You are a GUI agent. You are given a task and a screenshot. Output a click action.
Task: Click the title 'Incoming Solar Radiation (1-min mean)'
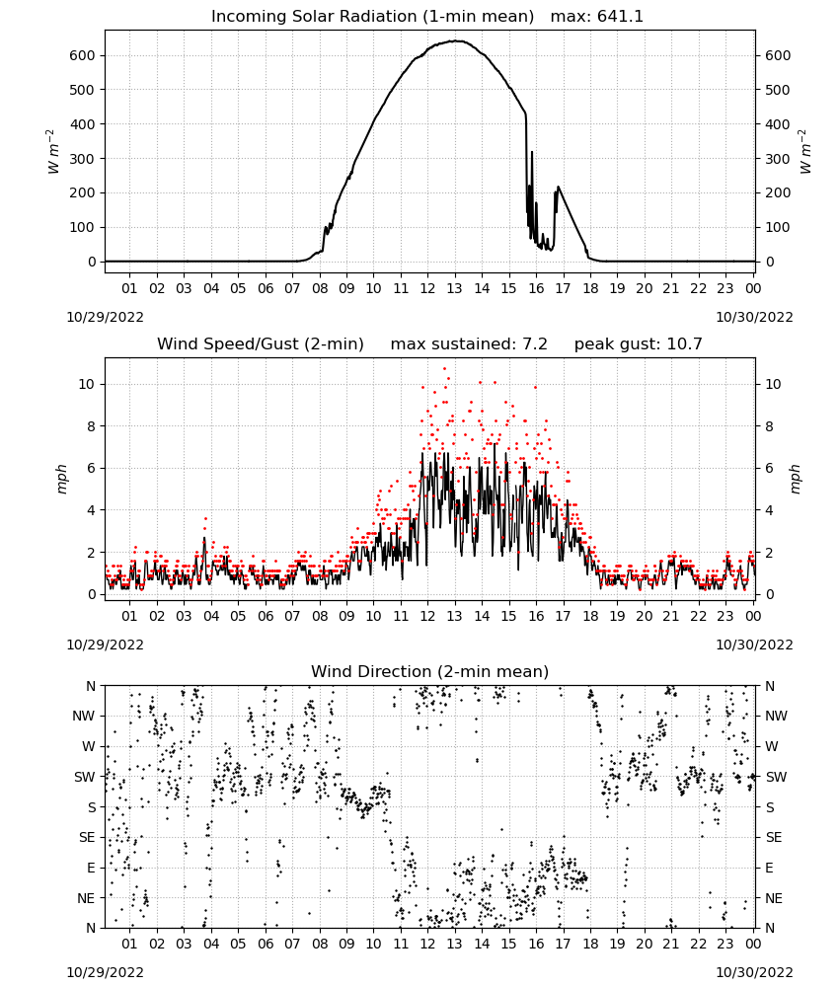[372, 17]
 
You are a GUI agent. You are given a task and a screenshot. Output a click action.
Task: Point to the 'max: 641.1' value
[597, 17]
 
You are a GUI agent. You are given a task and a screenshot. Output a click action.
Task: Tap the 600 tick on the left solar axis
[83, 55]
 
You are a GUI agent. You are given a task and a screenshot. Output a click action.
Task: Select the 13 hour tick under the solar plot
[454, 288]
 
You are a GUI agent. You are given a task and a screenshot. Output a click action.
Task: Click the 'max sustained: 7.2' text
[469, 344]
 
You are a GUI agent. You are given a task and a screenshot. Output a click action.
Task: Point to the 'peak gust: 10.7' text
[638, 344]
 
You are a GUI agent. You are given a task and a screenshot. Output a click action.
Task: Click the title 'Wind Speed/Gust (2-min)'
[260, 344]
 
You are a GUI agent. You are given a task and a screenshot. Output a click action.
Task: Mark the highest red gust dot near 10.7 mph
[444, 368]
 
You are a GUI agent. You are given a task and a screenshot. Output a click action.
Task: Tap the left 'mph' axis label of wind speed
[61, 479]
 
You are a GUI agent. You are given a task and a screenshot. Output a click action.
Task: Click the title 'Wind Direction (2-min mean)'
[430, 671]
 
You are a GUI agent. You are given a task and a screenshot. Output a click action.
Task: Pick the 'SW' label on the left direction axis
[85, 777]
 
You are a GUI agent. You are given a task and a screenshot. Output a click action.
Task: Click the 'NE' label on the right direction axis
[774, 898]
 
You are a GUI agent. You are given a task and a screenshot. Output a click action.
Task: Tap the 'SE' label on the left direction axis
[87, 837]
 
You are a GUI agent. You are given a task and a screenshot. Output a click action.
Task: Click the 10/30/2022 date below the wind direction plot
[754, 972]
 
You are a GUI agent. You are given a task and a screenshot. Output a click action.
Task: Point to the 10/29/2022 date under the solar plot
[105, 317]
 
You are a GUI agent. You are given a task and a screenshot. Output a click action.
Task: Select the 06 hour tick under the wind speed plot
[266, 616]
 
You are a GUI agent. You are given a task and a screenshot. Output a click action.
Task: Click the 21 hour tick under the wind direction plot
[671, 944]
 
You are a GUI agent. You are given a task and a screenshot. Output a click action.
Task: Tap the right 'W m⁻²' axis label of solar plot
[805, 152]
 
